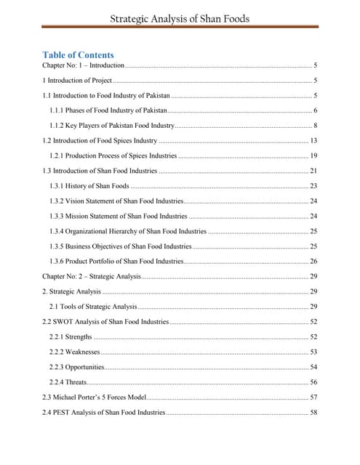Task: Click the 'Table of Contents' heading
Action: point(78,54)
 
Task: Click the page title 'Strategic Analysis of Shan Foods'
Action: point(180,17)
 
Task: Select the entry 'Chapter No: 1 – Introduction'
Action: point(84,65)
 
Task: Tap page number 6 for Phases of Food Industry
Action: point(315,110)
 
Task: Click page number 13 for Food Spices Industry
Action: point(313,140)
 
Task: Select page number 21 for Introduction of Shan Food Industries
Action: point(313,171)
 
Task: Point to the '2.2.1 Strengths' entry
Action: point(71,336)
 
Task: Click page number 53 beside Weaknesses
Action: point(313,352)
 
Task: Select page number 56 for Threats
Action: point(313,381)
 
